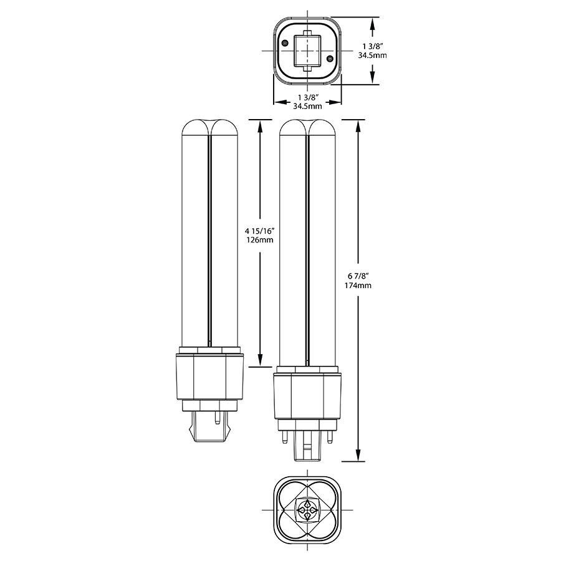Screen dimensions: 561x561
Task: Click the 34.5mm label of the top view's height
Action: (372, 55)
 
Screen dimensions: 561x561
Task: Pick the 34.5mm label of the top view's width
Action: (307, 107)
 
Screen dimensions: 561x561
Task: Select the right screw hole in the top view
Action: (330, 59)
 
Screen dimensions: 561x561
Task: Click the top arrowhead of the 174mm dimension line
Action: (359, 124)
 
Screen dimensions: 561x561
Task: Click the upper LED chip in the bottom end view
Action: (307, 502)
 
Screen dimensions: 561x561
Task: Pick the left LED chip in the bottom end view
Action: (300, 510)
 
